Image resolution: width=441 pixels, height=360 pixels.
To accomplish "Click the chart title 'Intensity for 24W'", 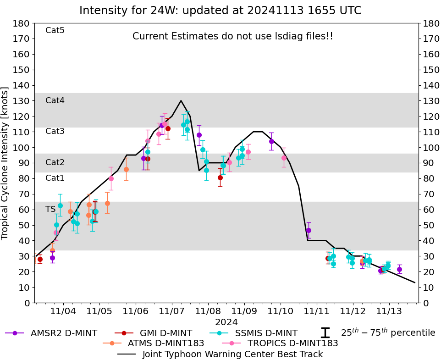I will (x=220, y=11).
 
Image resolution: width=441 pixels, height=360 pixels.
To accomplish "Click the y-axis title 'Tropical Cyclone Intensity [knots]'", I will (x=6, y=163).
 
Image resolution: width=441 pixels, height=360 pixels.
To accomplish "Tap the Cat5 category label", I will (x=55, y=31).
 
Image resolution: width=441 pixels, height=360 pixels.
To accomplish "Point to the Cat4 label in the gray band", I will (x=55, y=100).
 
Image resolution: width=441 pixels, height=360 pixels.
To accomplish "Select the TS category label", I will (x=50, y=209).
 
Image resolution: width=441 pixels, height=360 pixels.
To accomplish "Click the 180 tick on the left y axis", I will (x=22, y=23).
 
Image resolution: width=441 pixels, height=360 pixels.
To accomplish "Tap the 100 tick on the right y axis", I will (x=430, y=147).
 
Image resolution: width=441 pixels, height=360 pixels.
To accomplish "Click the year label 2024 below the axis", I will (x=226, y=322).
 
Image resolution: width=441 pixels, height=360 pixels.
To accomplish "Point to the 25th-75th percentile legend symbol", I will (x=325, y=333).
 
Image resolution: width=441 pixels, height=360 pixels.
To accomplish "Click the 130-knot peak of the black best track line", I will (x=181, y=101).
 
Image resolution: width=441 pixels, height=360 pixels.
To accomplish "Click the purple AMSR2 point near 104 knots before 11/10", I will (x=271, y=141).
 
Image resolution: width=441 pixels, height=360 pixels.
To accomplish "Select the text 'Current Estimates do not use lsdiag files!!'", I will (x=233, y=36).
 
